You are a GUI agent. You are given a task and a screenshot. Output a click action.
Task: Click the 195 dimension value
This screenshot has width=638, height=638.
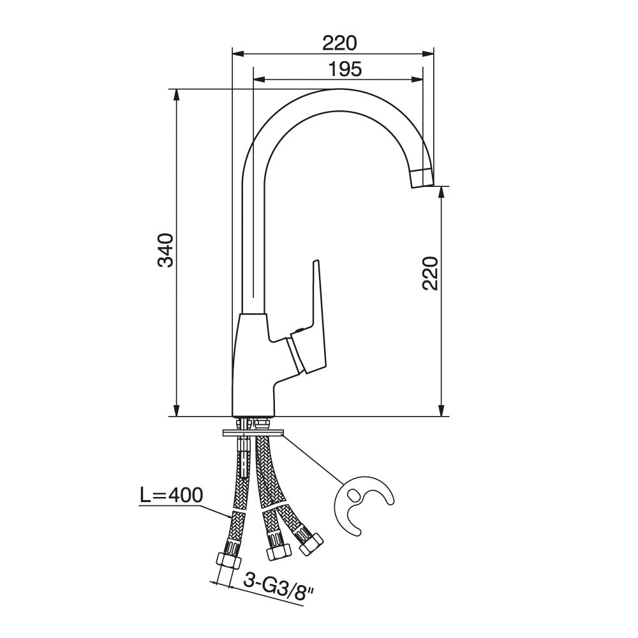(x=345, y=69)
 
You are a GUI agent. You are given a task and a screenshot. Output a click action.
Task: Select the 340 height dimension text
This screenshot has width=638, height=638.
(x=166, y=250)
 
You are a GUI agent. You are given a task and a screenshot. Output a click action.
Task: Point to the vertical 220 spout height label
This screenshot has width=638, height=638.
(x=430, y=273)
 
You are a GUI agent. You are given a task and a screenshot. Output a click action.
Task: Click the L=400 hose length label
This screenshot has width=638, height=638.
(x=171, y=495)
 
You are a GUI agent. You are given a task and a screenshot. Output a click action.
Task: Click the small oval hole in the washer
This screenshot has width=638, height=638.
(x=353, y=495)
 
